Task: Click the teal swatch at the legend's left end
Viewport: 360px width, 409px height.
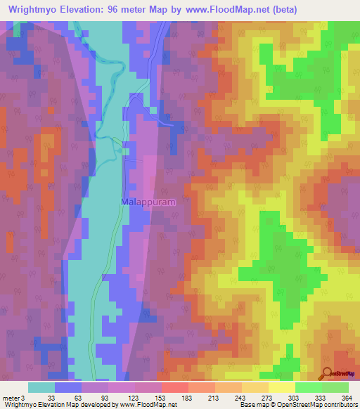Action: click(41, 387)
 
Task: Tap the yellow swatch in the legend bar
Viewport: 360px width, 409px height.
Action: click(281, 387)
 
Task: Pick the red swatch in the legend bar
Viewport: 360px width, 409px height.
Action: click(174, 387)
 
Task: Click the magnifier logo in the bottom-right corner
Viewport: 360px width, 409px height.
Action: click(328, 373)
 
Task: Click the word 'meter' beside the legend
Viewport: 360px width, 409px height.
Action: click(11, 398)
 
